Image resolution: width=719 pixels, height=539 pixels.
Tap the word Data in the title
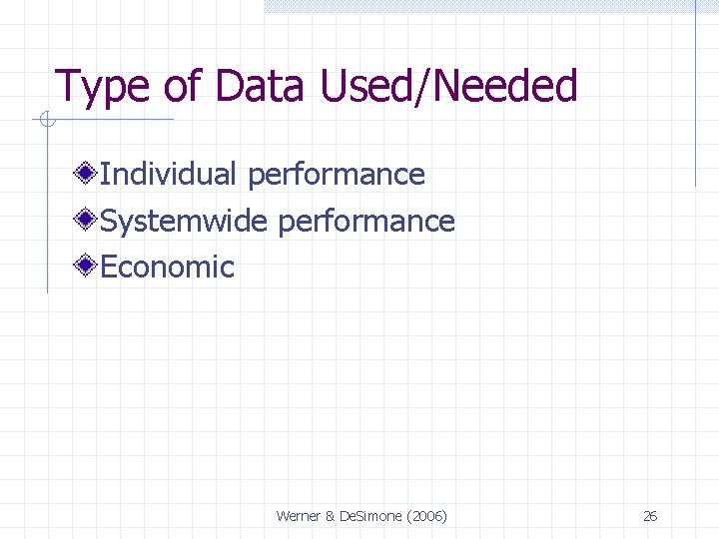pyautogui.click(x=258, y=87)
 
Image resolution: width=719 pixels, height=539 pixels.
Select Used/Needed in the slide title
pyautogui.click(x=448, y=87)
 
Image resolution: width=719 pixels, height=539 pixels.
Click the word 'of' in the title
pyautogui.click(x=183, y=87)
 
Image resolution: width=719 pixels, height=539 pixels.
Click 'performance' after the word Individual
pyautogui.click(x=337, y=176)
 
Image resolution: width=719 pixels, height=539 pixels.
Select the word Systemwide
pyautogui.click(x=185, y=221)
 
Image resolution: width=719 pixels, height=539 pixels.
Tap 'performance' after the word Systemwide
pyautogui.click(x=366, y=222)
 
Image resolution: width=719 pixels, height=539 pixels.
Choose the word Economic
pyautogui.click(x=168, y=268)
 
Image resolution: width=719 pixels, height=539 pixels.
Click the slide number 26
pyautogui.click(x=650, y=516)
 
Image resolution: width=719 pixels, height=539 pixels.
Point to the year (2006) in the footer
pyautogui.click(x=426, y=516)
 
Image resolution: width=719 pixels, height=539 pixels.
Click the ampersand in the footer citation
pyautogui.click(x=332, y=516)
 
